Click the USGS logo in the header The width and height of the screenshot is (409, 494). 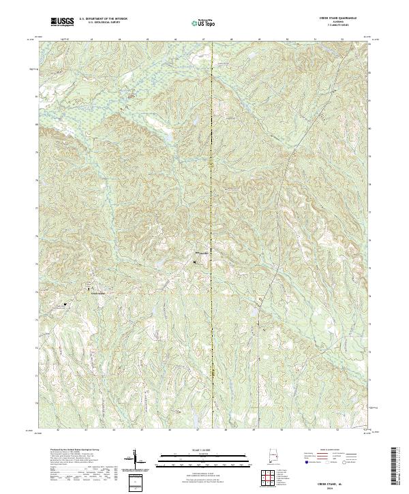(x=63, y=22)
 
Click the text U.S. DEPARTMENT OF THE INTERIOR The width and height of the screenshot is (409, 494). (x=102, y=20)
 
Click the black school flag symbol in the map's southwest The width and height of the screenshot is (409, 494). (x=65, y=305)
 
